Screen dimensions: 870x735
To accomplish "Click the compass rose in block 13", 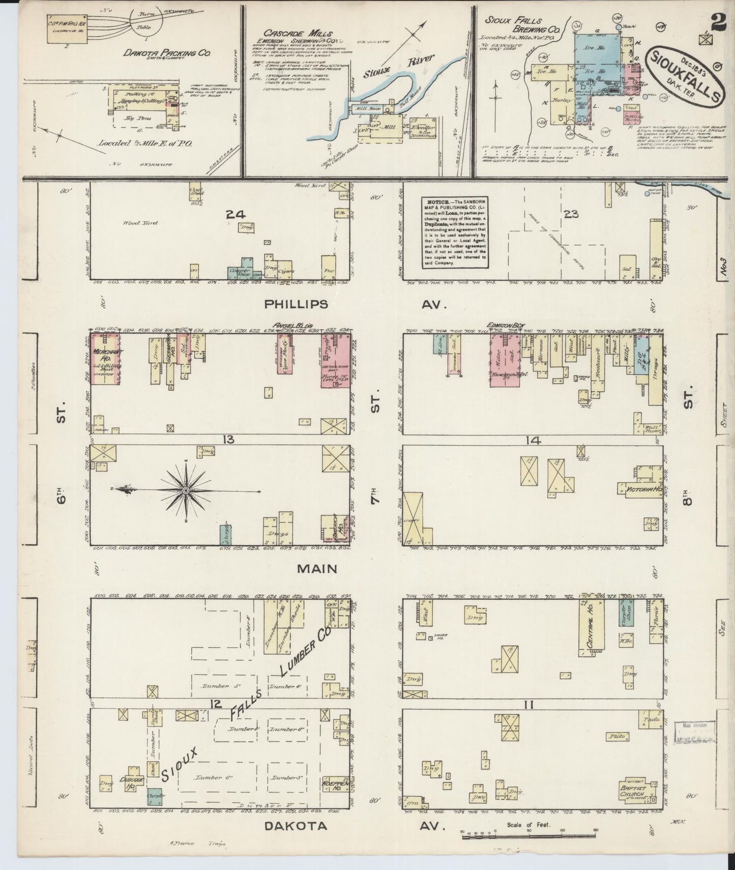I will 186,490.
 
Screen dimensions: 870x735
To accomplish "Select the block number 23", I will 571,214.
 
